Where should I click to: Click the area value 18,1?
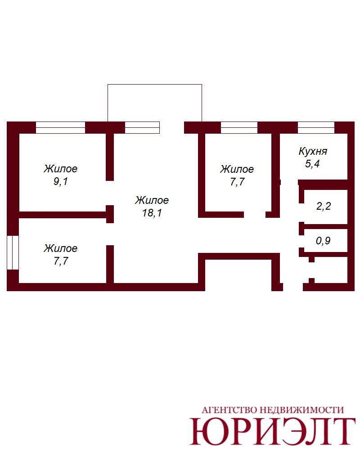click(x=152, y=213)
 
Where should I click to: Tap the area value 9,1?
click(x=61, y=181)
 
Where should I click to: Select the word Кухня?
click(x=313, y=151)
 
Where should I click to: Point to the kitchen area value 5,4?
click(x=312, y=164)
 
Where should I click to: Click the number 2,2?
click(x=324, y=206)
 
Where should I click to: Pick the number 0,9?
click(x=323, y=240)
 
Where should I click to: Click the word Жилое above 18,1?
click(x=152, y=200)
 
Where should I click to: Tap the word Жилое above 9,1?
click(x=61, y=168)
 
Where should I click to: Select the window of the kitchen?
click(x=316, y=127)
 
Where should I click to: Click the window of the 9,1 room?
click(x=61, y=127)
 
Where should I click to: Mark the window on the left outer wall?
click(x=13, y=252)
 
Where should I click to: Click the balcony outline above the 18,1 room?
click(x=155, y=85)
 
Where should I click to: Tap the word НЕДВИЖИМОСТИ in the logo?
click(x=301, y=410)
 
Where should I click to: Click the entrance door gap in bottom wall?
click(x=293, y=287)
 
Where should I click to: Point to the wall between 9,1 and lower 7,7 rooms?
click(x=63, y=215)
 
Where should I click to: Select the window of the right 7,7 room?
click(x=239, y=127)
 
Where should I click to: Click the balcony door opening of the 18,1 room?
click(x=171, y=127)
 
